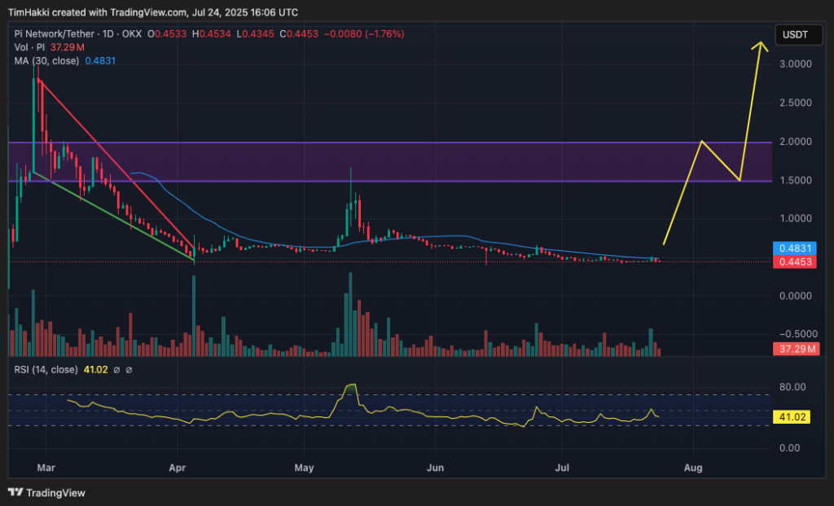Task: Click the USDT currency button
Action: click(794, 35)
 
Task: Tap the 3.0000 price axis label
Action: click(793, 64)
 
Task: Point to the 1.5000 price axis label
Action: click(793, 180)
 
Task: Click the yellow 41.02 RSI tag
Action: click(792, 417)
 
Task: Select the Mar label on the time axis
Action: click(46, 469)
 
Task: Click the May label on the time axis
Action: click(305, 469)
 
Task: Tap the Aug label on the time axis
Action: click(694, 469)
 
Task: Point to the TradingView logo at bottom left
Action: click(46, 492)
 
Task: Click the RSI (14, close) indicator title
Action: click(46, 370)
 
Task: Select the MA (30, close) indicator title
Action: click(47, 59)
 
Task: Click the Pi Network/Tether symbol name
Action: click(55, 33)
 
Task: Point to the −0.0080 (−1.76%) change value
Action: click(363, 33)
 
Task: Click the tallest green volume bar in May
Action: click(350, 314)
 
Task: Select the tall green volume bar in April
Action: click(194, 316)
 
